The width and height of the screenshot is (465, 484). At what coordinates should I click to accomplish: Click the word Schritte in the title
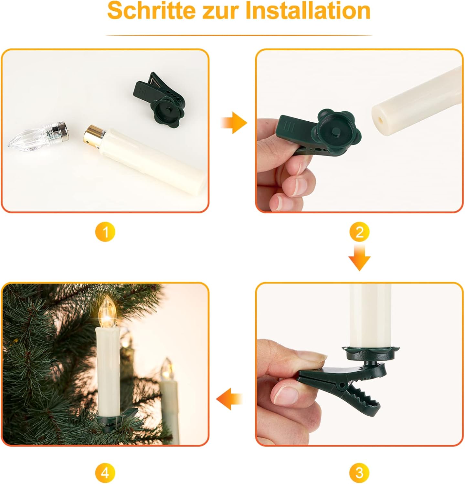[x=152, y=11]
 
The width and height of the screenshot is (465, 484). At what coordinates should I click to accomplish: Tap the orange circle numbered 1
[x=105, y=232]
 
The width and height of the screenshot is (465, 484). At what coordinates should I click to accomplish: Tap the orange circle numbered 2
[x=359, y=232]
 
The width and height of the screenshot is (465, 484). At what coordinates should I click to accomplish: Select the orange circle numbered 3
[x=359, y=473]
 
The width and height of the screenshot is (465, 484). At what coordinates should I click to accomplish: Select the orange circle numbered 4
[x=105, y=473]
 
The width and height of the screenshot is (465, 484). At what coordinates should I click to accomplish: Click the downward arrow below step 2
[x=359, y=257]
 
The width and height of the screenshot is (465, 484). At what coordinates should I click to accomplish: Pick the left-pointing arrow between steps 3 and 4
[x=229, y=399]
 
